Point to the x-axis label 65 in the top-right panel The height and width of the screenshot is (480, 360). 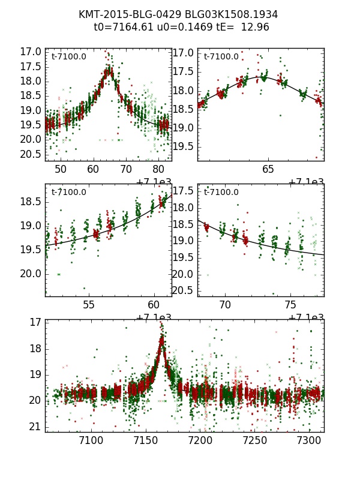(268, 169)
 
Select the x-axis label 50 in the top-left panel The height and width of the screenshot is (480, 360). (61, 169)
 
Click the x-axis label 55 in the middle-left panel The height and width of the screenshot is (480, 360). (88, 305)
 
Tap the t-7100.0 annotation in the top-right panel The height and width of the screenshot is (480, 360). (221, 57)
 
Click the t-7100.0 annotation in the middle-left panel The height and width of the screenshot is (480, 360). (68, 193)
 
